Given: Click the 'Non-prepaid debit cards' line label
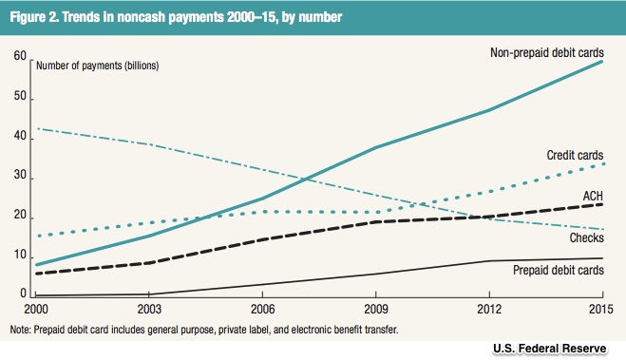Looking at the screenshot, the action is (547, 52).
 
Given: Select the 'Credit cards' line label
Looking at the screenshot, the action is (575, 155).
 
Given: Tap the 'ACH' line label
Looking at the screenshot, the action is (593, 196).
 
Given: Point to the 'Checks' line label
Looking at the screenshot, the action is (586, 237).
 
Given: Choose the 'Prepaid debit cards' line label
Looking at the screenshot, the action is (559, 270).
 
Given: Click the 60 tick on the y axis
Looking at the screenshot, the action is (20, 55).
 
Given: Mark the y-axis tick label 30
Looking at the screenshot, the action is (20, 175).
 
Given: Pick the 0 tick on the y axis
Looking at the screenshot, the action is (23, 294).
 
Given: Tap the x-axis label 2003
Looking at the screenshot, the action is (149, 309).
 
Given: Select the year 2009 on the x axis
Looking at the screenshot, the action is (376, 309).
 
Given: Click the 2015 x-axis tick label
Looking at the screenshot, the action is (601, 309).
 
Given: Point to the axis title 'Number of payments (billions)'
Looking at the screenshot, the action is (98, 66).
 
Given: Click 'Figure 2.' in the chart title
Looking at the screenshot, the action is (34, 17).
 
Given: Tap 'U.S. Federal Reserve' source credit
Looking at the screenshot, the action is (550, 349).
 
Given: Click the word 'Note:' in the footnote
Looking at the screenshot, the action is (20, 330).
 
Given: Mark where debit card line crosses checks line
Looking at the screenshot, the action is (306, 179).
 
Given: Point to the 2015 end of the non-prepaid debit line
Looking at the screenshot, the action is (602, 61).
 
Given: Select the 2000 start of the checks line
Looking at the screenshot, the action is (37, 128).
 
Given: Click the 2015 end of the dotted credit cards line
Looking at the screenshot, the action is (603, 163).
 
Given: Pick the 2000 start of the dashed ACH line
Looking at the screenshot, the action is (37, 274).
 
